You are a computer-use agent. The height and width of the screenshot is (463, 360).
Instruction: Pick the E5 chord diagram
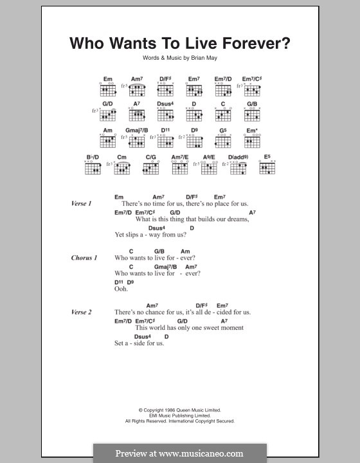(x=267, y=168)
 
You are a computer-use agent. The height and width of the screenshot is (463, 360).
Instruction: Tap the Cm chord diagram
(x=123, y=168)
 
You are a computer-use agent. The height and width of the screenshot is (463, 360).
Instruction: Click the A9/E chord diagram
(x=209, y=168)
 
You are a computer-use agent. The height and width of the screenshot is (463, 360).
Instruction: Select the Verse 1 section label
(x=82, y=204)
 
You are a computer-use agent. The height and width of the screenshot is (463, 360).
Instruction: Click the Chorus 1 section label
(x=84, y=258)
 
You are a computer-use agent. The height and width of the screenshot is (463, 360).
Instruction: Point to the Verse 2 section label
(x=82, y=312)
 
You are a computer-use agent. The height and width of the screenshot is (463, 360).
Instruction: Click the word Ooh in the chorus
(x=122, y=289)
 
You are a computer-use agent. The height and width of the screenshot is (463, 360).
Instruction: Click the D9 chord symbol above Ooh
(x=130, y=282)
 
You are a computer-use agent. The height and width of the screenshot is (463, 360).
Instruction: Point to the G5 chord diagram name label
(x=224, y=130)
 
